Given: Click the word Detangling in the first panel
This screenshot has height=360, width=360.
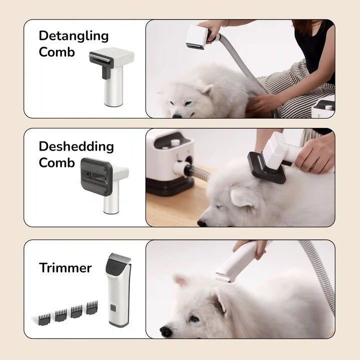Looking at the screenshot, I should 73,36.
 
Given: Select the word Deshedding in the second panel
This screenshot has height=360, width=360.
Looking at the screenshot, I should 76,146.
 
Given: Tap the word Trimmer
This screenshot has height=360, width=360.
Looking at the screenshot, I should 65,268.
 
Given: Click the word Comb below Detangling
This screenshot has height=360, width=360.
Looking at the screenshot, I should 56,52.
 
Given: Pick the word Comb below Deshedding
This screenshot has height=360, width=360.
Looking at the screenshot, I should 56,162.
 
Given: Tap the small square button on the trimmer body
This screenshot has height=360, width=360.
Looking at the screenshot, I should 113,308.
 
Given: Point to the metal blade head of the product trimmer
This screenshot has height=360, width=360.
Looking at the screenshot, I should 119,261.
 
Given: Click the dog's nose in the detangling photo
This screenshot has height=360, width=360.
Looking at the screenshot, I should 175,115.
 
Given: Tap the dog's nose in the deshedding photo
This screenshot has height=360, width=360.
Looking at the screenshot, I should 201,223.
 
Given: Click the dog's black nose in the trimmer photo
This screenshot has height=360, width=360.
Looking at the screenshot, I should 165,330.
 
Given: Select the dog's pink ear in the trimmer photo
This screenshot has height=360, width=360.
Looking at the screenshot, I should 180,281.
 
